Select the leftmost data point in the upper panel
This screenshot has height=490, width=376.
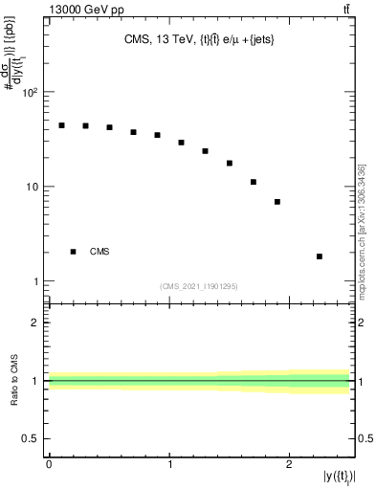click(x=61, y=125)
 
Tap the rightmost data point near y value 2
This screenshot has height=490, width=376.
click(x=320, y=256)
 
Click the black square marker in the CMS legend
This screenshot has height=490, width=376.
click(x=74, y=252)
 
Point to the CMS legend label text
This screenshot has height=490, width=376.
click(x=100, y=252)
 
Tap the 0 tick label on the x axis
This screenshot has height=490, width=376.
click(x=49, y=464)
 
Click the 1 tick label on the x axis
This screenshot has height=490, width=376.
click(x=169, y=464)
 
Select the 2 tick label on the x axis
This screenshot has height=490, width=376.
click(x=289, y=464)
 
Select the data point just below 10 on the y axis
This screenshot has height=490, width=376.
click(x=277, y=202)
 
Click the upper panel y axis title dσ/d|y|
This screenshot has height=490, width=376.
click(x=16, y=88)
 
